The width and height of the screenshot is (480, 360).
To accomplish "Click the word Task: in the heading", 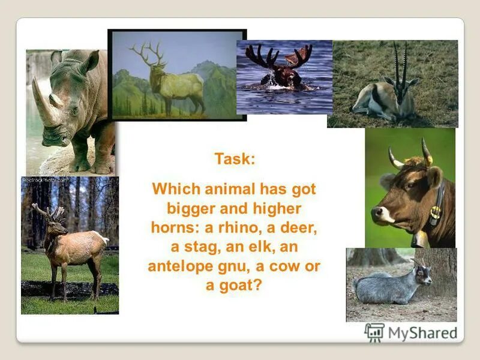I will (235, 160).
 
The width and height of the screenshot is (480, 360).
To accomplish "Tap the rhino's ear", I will (91, 61).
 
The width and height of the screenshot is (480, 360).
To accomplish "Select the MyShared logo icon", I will (374, 331).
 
